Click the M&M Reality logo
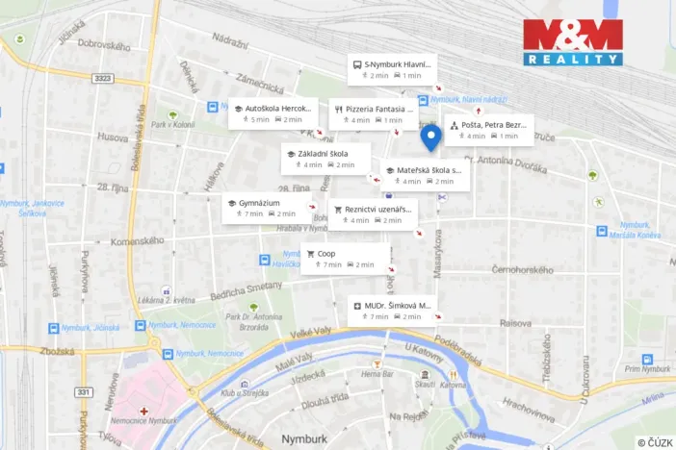coord(572,41)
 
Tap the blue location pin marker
coord(432,137)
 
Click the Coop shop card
coord(346,259)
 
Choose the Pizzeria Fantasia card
coord(373,113)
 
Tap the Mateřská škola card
coord(426,175)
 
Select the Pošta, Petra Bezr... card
coord(489,130)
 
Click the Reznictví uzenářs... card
coord(374,213)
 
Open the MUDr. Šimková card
coord(392,311)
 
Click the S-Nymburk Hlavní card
coord(392,69)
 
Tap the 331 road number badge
coord(84,391)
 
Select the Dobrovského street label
coord(103,45)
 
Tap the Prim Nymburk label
coord(645,369)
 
